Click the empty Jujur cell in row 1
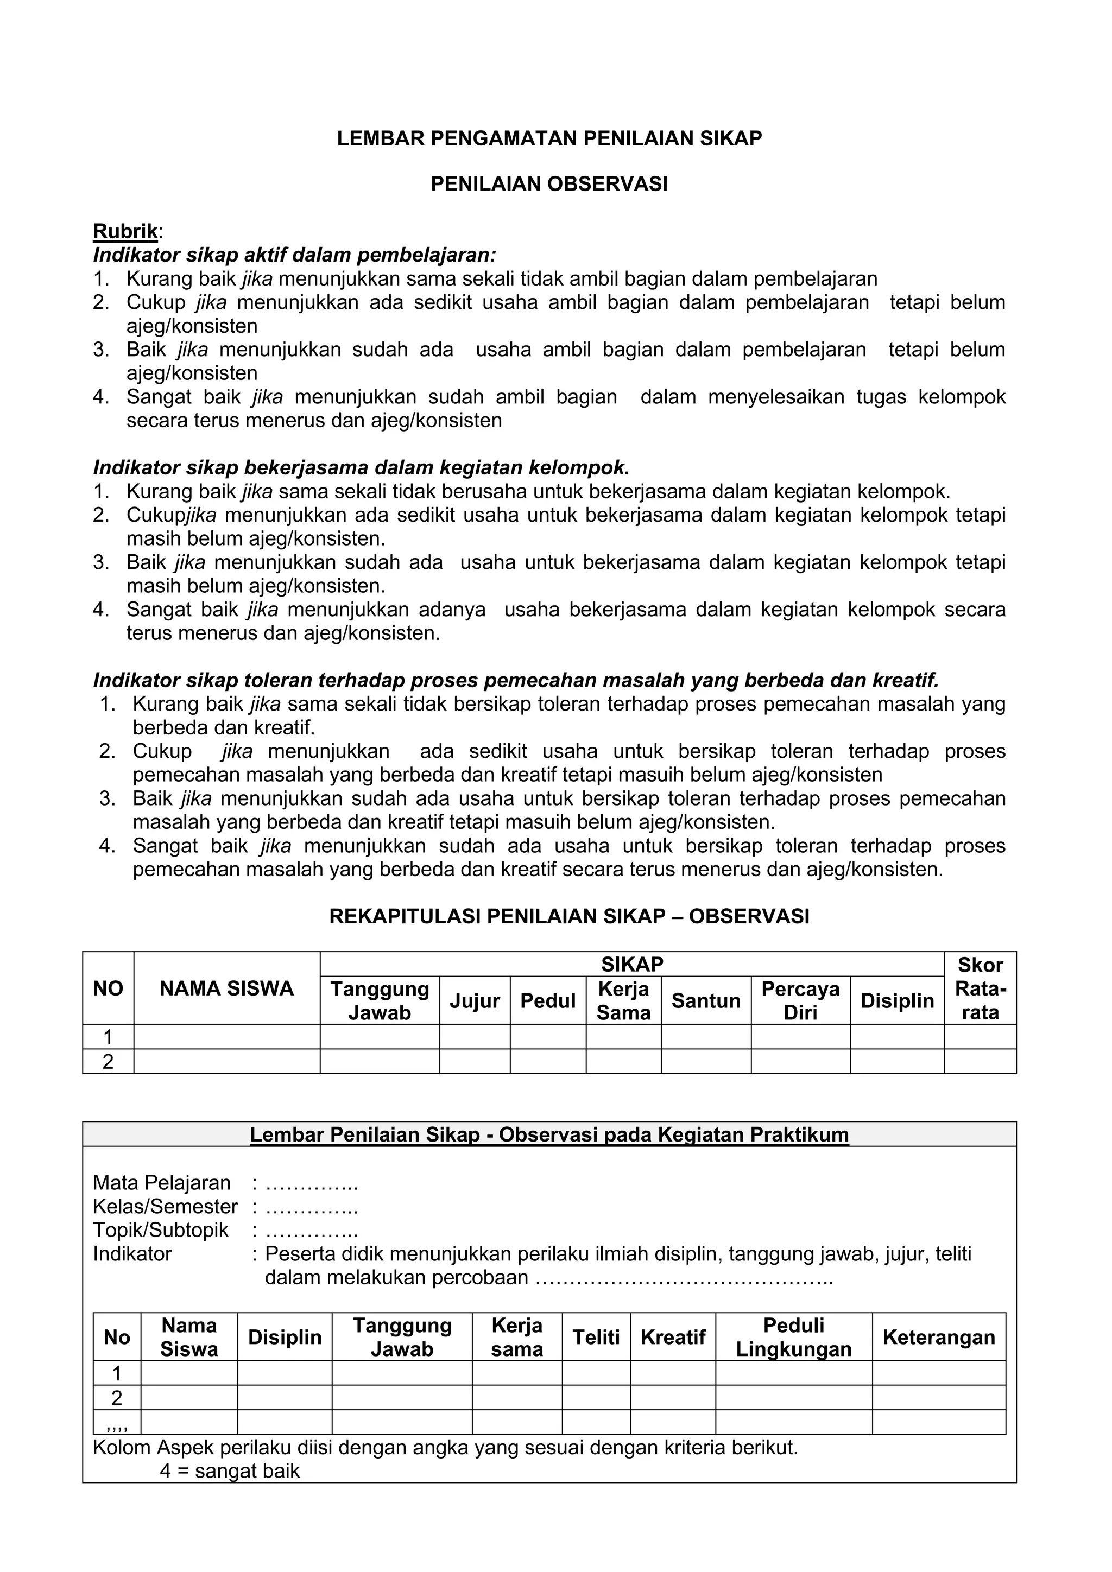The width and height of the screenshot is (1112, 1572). click(x=474, y=1037)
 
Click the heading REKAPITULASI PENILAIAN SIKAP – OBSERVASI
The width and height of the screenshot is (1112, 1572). click(x=569, y=917)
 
